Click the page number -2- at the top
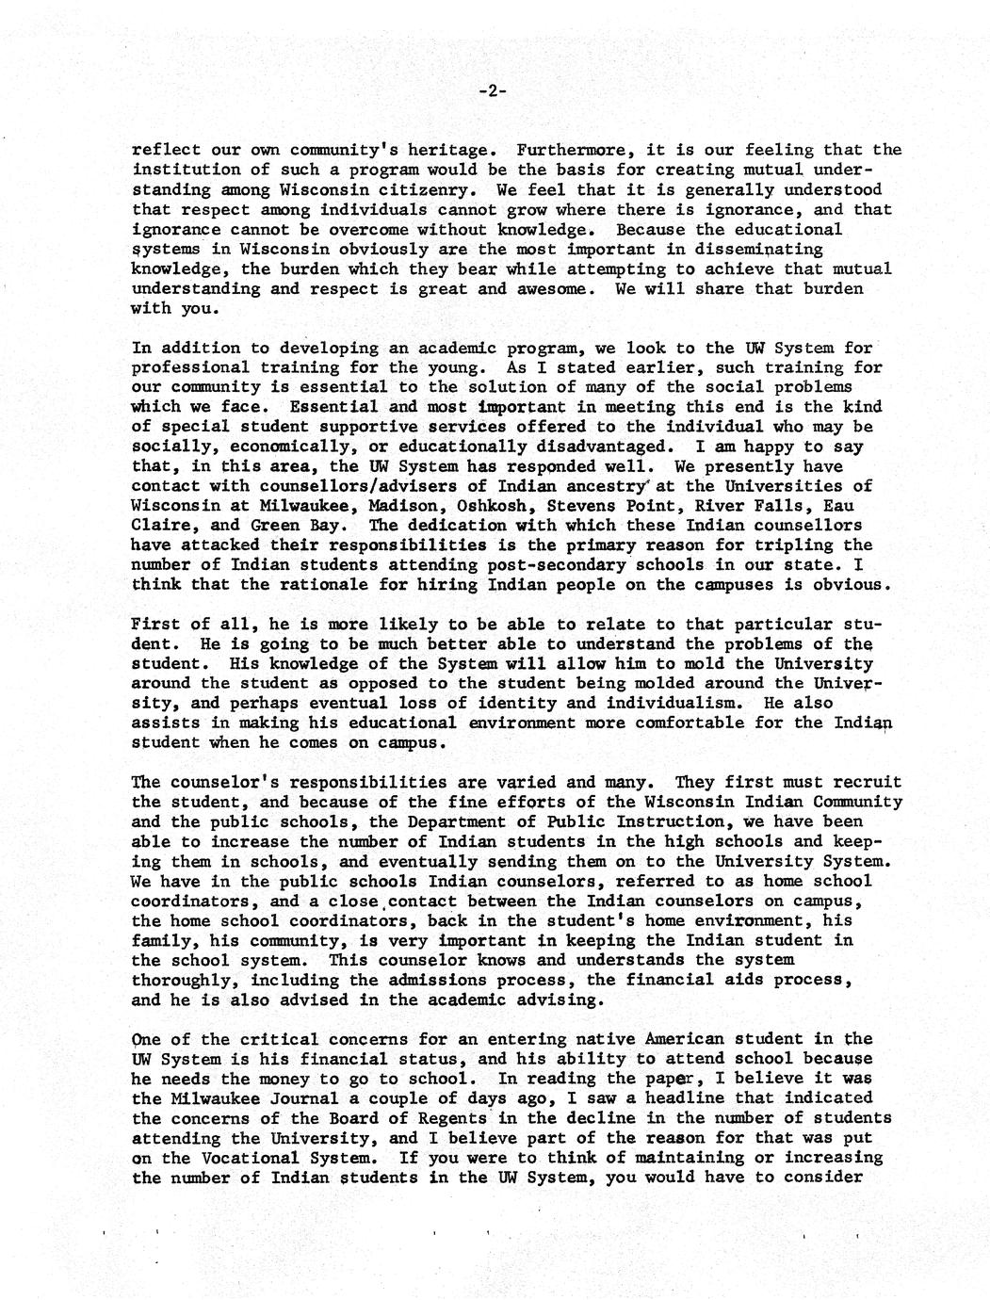(x=493, y=91)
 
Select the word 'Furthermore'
(x=572, y=150)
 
